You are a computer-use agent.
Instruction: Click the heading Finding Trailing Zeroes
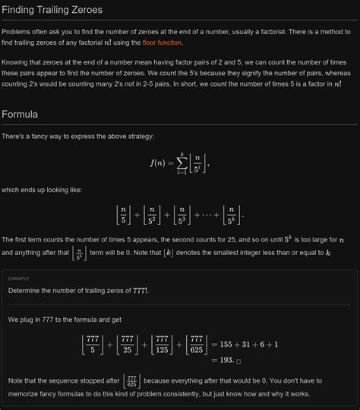52,10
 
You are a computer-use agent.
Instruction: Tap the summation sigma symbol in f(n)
182,162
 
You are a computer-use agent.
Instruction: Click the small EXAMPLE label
19,278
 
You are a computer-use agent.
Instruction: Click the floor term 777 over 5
93,345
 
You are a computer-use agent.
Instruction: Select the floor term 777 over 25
127,345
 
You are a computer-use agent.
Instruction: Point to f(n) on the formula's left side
159,162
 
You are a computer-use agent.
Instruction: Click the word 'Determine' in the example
27,290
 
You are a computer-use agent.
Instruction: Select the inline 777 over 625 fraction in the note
131,380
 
